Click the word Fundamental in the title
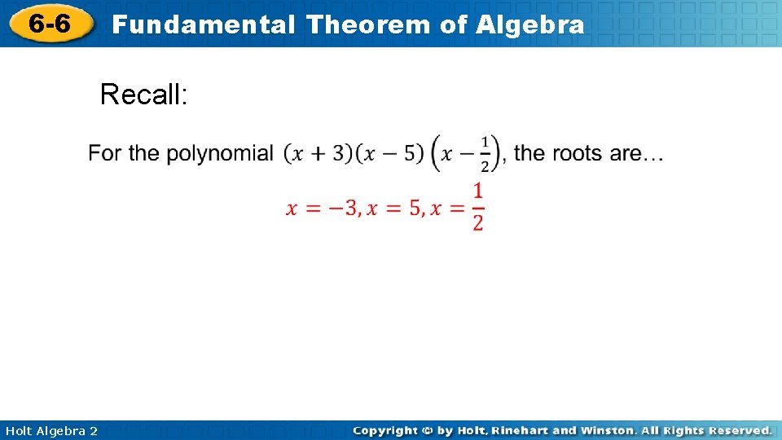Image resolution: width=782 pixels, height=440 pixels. coord(204,24)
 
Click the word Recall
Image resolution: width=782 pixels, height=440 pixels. coord(143,95)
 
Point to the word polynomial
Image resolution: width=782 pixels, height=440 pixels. coord(220,153)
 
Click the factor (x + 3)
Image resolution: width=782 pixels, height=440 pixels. coord(319,153)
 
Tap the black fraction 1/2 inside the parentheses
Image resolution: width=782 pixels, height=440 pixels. coord(485,153)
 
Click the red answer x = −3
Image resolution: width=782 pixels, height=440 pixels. coord(322,209)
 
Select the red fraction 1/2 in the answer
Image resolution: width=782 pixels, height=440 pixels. coord(477,207)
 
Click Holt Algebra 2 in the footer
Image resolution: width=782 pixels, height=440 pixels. coord(51,430)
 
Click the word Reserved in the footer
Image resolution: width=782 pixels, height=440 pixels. coord(738,430)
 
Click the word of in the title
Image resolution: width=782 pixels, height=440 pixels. coord(453,24)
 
